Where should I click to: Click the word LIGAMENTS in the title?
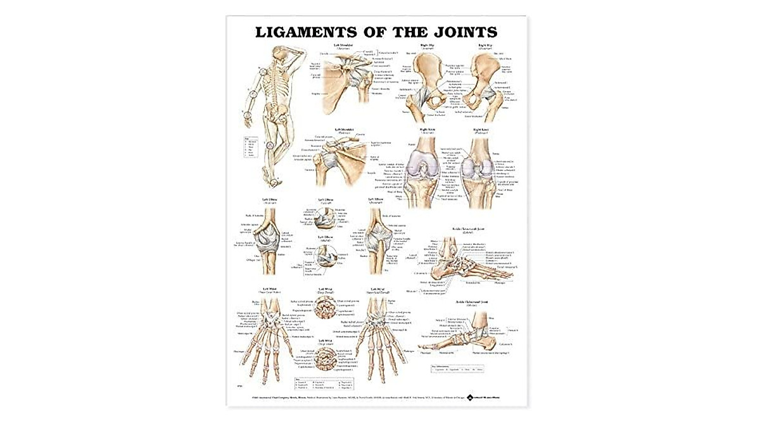click(302, 32)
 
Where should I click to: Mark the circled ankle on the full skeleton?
click(275, 182)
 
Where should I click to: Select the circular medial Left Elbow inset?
click(327, 259)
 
